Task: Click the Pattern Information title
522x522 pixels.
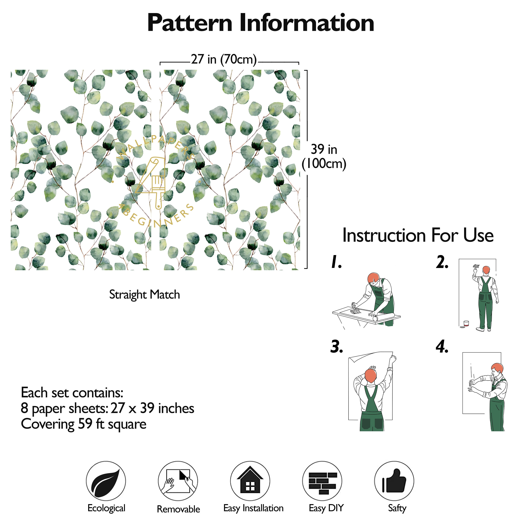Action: point(261,23)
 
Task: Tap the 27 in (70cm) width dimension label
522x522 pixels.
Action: point(224,59)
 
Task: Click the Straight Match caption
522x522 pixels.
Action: point(145,295)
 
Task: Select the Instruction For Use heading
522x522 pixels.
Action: point(418,235)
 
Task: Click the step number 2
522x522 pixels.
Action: point(442,262)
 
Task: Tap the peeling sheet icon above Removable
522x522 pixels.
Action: point(178,481)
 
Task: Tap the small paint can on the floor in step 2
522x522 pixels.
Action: point(466,324)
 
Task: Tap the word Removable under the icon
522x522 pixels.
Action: point(178,509)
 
